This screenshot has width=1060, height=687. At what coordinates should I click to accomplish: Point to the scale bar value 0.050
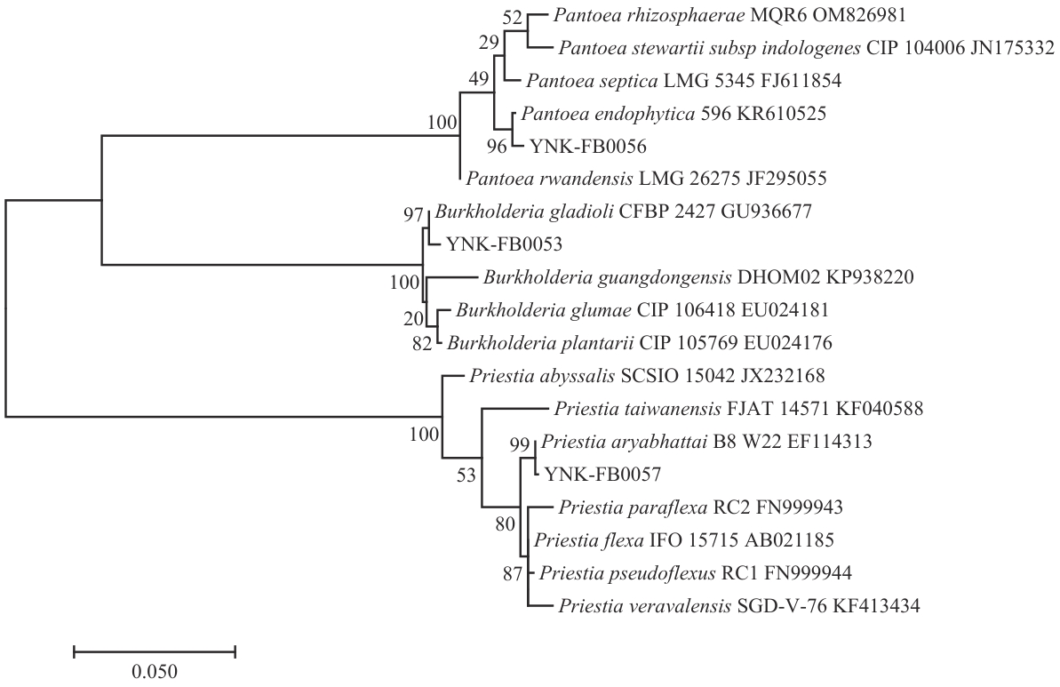(155, 671)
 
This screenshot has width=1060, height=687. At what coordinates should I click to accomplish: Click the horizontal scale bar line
(155, 652)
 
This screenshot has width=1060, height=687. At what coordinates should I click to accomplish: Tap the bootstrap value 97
(414, 212)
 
